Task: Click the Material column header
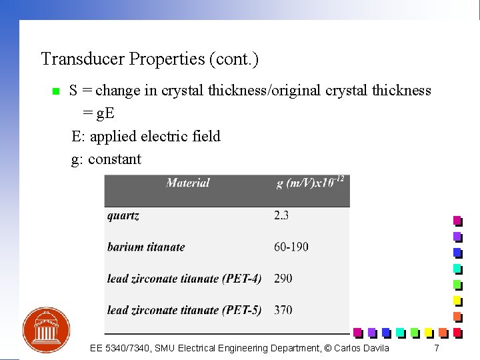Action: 187,183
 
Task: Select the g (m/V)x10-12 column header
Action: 310,183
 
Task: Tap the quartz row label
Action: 123,215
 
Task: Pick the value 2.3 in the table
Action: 281,215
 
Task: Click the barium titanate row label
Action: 146,247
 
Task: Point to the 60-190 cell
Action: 291,247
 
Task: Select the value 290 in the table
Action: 283,278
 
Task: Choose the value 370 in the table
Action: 283,310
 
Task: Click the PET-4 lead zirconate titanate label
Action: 184,278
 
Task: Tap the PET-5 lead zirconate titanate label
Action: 184,310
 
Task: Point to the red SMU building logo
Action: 46,330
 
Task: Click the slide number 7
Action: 437,348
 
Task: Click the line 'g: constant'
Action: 106,159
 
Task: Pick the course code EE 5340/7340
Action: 121,348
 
